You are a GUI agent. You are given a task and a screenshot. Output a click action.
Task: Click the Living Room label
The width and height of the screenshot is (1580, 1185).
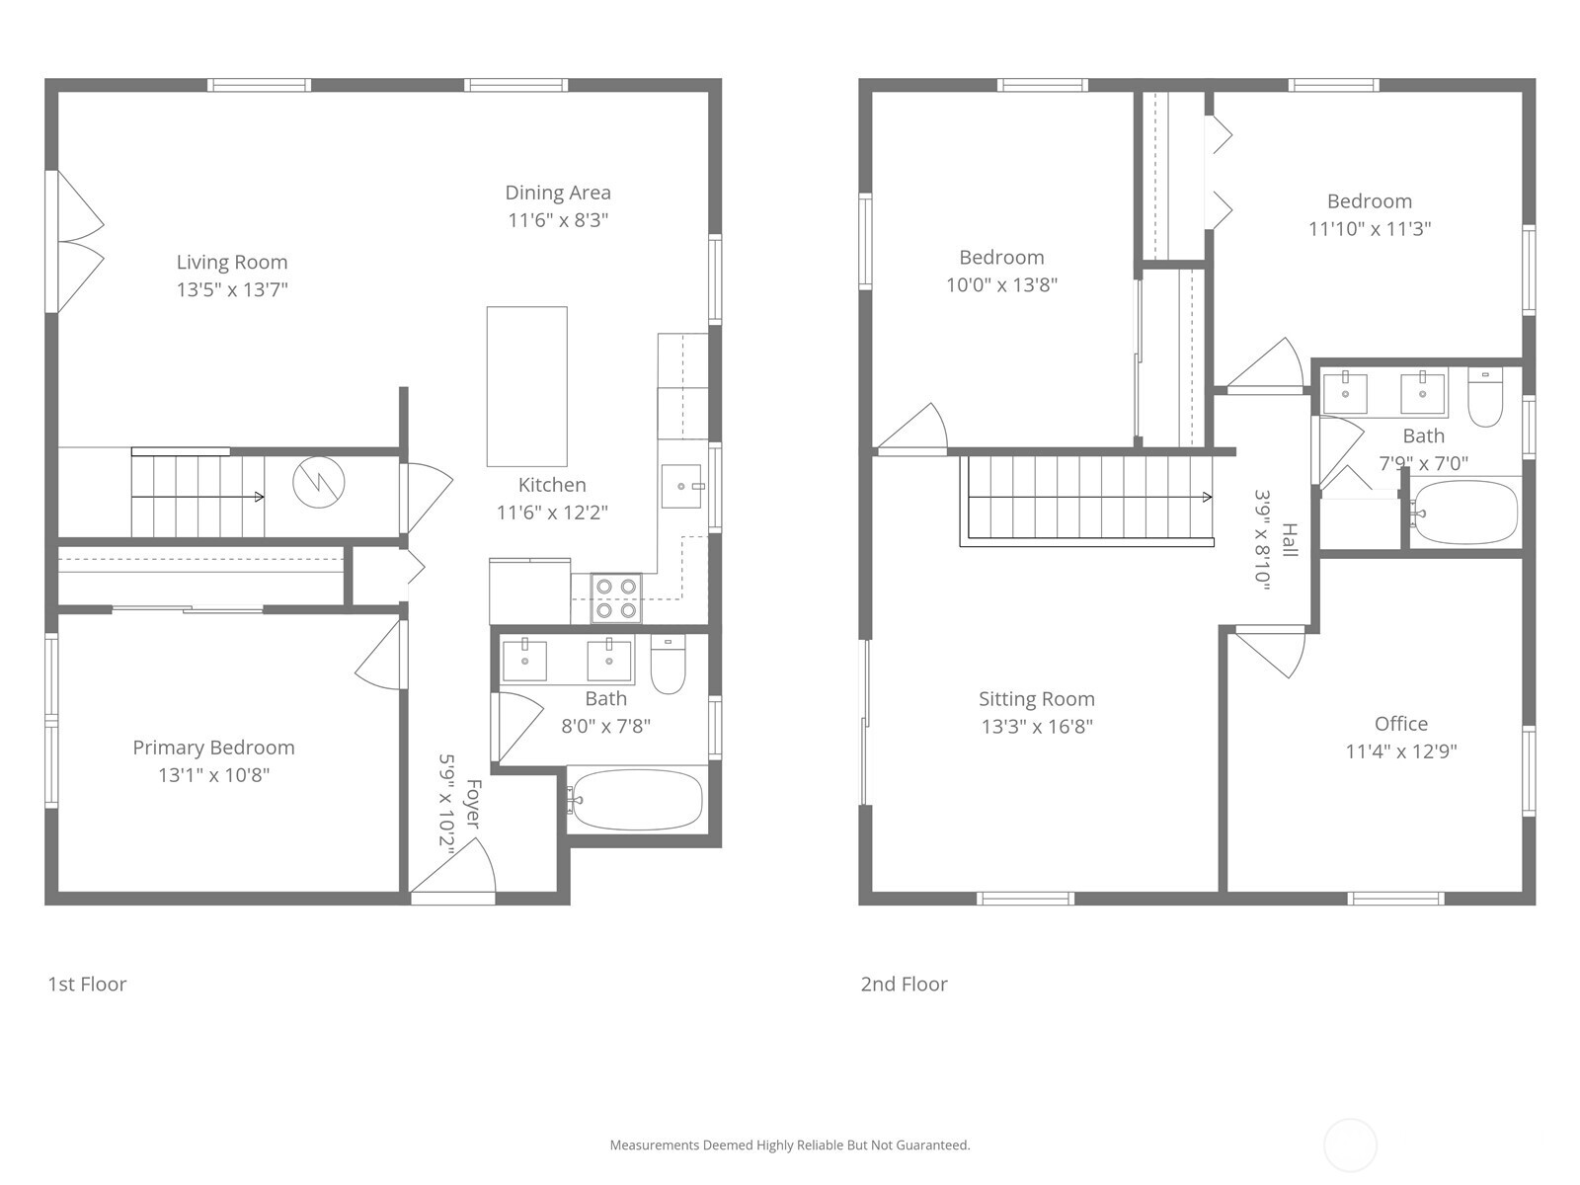pyautogui.click(x=232, y=262)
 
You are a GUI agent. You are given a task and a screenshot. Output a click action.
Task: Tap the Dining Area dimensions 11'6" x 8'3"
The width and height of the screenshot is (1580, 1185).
pyautogui.click(x=558, y=220)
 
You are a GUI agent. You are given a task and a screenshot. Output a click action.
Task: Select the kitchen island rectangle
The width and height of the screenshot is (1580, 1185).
pyautogui.click(x=526, y=386)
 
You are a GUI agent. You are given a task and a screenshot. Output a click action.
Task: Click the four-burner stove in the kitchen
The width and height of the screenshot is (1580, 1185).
pyautogui.click(x=616, y=598)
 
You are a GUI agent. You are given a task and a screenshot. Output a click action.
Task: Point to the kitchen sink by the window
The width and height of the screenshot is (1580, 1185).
pyautogui.click(x=681, y=486)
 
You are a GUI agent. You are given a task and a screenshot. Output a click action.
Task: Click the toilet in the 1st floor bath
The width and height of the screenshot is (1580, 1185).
pyautogui.click(x=668, y=667)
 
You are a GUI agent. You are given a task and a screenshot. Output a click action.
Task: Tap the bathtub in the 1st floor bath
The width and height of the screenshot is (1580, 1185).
pyautogui.click(x=637, y=800)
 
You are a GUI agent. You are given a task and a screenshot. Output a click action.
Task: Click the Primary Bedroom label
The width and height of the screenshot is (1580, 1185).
pyautogui.click(x=213, y=748)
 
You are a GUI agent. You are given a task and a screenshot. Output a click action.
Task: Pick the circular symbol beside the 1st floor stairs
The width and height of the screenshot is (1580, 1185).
pyautogui.click(x=319, y=481)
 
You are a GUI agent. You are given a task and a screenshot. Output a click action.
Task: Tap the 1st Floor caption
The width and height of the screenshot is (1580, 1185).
pyautogui.click(x=87, y=984)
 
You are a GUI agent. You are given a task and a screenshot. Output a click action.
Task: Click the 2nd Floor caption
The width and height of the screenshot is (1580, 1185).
pyautogui.click(x=904, y=984)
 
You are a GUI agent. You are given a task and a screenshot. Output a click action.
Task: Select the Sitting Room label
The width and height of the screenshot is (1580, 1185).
pyautogui.click(x=1036, y=699)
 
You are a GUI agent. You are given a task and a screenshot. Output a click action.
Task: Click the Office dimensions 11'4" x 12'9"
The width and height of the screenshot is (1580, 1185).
pyautogui.click(x=1400, y=750)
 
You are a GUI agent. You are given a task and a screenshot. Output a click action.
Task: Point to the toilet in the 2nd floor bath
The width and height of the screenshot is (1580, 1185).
pyautogui.click(x=1484, y=398)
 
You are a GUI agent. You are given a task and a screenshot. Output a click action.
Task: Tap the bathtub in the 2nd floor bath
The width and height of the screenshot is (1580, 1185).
pyautogui.click(x=1464, y=513)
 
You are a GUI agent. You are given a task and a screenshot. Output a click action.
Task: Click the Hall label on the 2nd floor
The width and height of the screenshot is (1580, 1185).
pyautogui.click(x=1290, y=540)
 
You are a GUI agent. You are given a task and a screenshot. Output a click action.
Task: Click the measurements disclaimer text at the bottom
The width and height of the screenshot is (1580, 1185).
pyautogui.click(x=789, y=1145)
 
